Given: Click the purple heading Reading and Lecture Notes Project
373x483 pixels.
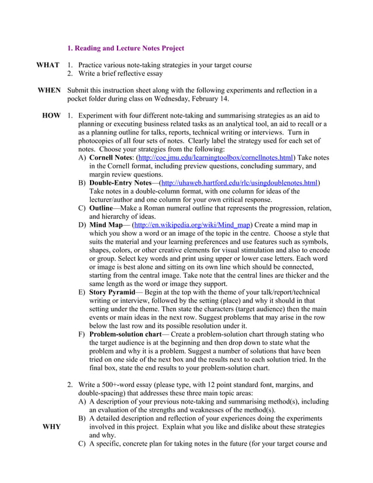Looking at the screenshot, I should coord(126,48).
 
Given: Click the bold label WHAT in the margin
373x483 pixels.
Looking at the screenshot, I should coord(47,65).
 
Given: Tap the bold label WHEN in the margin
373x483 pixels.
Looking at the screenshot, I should coord(49,91).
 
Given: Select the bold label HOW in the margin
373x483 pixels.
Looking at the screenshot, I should coord(51,116).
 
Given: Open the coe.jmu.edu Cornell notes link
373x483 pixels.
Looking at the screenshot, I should coord(216,158).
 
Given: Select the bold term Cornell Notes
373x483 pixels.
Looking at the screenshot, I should coord(110,158).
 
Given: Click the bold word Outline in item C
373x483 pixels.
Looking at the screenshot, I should coord(101,208).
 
